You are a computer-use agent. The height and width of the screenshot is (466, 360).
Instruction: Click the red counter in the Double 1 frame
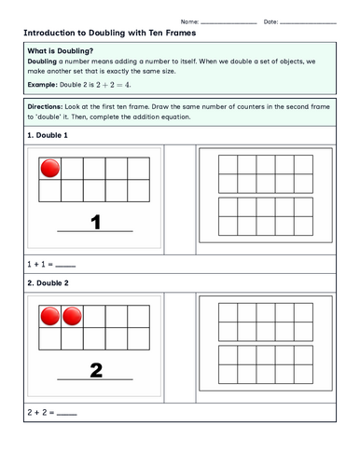[x=50, y=169]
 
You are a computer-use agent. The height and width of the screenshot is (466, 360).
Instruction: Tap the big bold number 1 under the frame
[x=96, y=223]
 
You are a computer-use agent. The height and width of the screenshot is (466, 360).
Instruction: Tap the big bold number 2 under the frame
[x=96, y=370]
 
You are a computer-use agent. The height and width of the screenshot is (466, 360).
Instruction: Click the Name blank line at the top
[x=228, y=23]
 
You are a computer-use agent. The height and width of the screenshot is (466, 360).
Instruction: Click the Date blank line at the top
[x=308, y=23]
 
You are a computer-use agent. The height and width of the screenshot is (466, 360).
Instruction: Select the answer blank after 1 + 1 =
[x=65, y=267]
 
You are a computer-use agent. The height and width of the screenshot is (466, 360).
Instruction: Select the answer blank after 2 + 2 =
[x=67, y=415]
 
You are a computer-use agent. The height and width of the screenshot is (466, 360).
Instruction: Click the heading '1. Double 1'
[x=48, y=135]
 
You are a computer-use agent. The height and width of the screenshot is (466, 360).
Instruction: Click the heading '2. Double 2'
[x=48, y=283]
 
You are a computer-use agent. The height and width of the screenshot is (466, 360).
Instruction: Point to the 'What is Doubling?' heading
[x=61, y=51]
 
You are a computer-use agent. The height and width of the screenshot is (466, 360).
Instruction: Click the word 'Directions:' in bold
[x=45, y=106]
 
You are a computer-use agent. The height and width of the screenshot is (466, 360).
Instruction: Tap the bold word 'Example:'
[x=42, y=85]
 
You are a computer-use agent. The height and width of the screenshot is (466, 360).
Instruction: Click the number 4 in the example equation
[x=128, y=85]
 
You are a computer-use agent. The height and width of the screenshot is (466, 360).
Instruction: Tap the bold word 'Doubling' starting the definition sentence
[x=42, y=62]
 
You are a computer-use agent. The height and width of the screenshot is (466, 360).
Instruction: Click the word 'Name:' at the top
[x=189, y=21]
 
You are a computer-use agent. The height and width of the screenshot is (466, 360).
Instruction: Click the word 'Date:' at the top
[x=270, y=21]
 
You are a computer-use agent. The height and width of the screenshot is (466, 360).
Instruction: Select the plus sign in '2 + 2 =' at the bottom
[x=36, y=413]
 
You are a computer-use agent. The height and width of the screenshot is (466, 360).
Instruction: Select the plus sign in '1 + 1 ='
[x=36, y=265]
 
